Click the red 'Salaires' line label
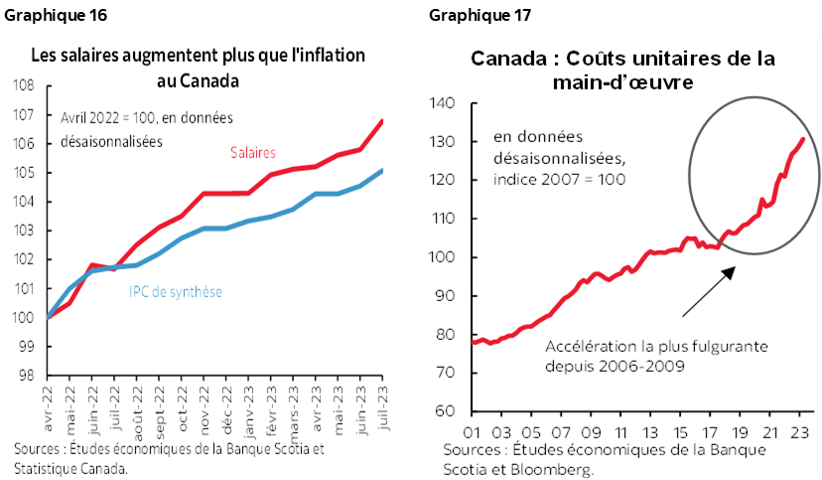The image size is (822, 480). coord(253,152)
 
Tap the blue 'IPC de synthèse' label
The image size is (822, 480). coord(175,291)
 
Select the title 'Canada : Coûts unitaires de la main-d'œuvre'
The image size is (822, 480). coord(622,71)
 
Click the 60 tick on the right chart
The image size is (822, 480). coord(445,411)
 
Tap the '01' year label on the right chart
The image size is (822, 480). coord(472,432)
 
